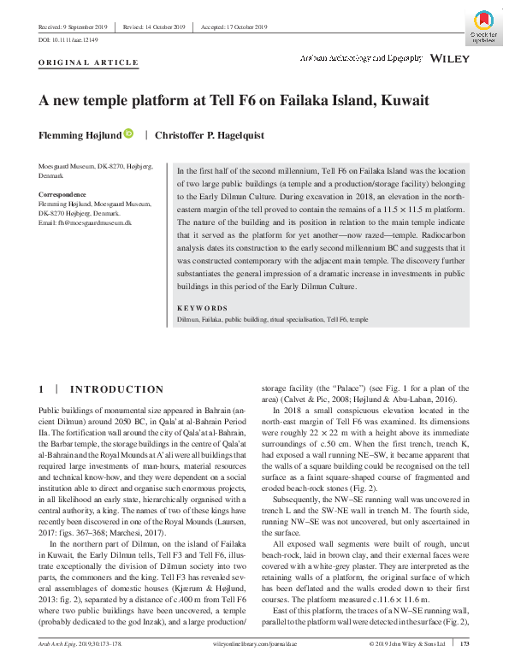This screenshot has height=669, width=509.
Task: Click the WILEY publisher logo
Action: (451, 59)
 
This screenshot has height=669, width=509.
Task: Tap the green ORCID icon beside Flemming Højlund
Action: (129, 133)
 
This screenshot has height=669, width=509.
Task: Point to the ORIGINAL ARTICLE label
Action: (88, 62)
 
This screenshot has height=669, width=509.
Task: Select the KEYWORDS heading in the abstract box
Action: (202, 308)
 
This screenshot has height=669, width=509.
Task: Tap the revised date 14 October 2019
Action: (157, 27)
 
